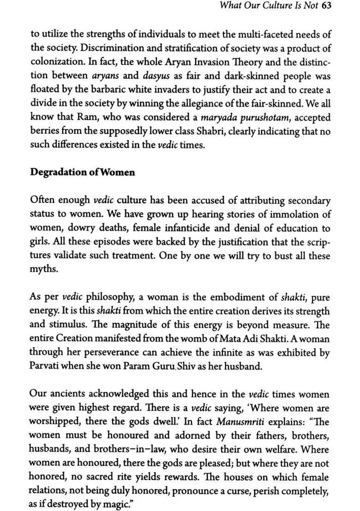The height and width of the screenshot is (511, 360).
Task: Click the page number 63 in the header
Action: click(326, 6)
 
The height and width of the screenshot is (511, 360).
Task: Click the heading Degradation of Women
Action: click(83, 172)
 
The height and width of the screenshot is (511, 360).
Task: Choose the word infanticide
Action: click(197, 228)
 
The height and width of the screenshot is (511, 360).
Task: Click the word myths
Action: click(44, 269)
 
